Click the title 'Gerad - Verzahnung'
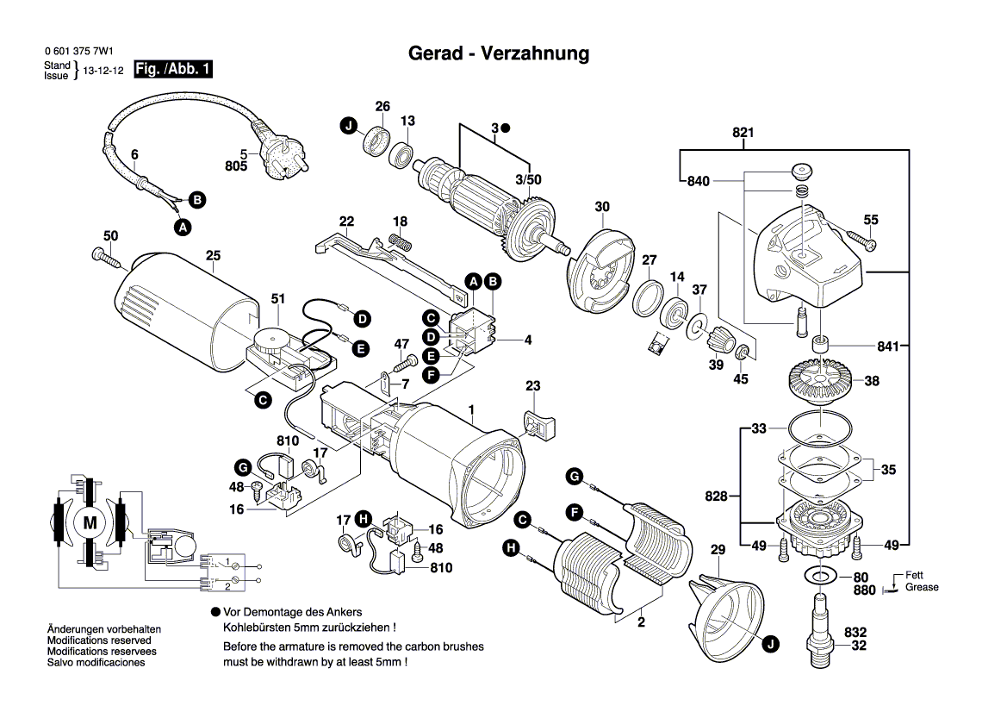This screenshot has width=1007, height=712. point(498,53)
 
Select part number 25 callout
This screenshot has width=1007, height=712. point(213,255)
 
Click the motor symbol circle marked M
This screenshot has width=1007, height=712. point(90,522)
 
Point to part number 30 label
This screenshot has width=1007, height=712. point(602,207)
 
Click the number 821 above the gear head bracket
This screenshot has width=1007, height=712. point(743,133)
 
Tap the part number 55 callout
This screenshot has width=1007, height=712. point(871,220)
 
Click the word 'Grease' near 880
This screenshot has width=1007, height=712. point(922,588)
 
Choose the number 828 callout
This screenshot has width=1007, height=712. point(716,496)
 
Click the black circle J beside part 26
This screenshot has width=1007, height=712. point(349,127)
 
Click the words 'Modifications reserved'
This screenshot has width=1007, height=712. point(99,640)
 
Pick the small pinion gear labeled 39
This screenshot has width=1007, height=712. point(718,342)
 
